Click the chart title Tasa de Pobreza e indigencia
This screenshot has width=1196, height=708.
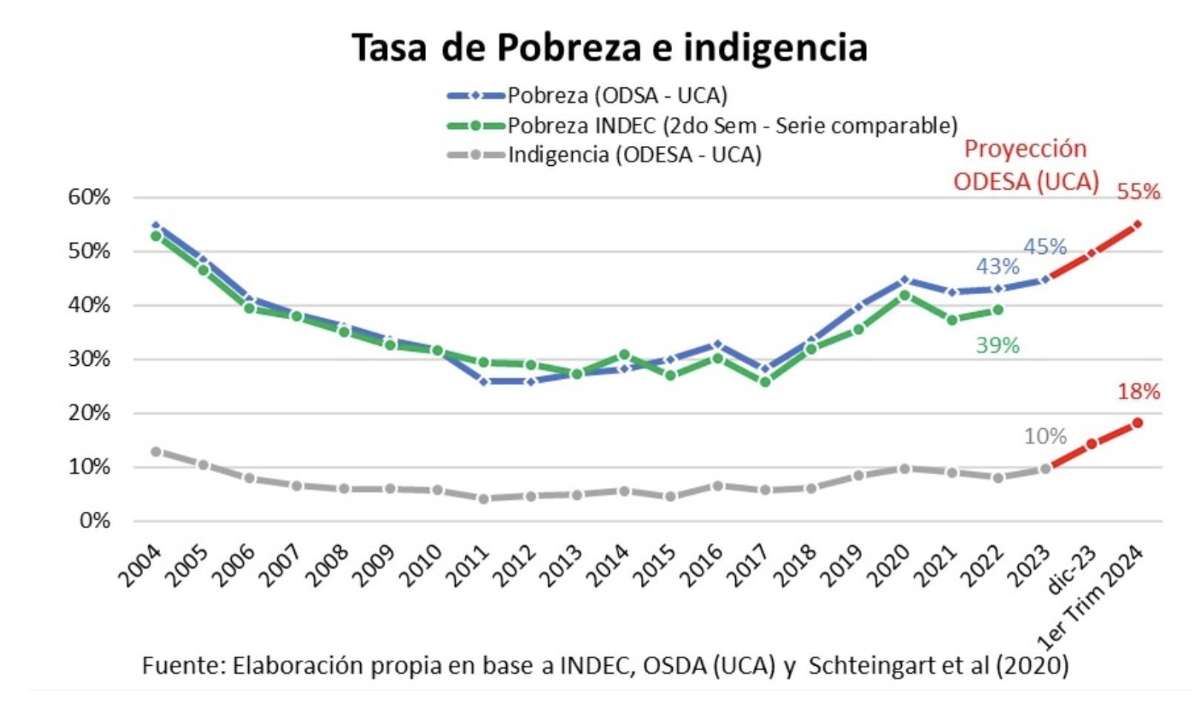point(609,47)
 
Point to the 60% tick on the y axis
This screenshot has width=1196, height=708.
point(89,197)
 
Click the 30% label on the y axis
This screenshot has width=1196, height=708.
point(89,359)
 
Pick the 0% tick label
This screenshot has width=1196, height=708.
point(94,521)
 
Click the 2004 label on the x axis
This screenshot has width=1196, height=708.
point(141,566)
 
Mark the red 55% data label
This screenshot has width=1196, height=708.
point(1137,192)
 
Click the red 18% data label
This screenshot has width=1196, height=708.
point(1138,391)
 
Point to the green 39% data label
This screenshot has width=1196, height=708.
point(997,345)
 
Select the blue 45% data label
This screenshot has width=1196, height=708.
point(1045,247)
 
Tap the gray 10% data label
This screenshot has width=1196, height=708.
point(1045,436)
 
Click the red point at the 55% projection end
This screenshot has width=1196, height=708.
point(1137,224)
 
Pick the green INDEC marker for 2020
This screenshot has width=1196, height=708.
point(905,295)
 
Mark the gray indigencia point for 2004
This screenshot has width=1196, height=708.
point(156,451)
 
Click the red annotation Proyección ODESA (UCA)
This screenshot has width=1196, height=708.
point(1026,165)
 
